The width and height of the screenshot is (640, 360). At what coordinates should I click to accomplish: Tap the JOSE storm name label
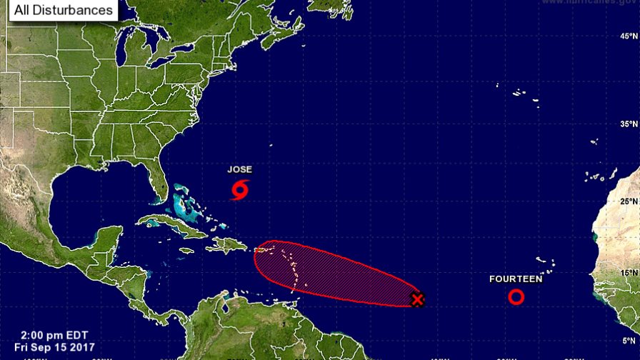[x=239, y=170]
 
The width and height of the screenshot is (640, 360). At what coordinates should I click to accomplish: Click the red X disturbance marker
[x=418, y=299]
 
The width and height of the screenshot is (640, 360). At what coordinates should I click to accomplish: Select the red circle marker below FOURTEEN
[x=516, y=296]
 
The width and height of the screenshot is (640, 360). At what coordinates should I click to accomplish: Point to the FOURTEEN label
[x=516, y=279]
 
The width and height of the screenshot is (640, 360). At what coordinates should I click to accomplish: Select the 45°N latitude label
[x=629, y=36]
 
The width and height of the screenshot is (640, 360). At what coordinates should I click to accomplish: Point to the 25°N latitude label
[x=629, y=201]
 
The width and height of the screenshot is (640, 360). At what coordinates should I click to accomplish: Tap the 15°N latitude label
[x=629, y=273]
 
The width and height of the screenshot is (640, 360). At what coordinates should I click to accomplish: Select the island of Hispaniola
[x=228, y=246]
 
